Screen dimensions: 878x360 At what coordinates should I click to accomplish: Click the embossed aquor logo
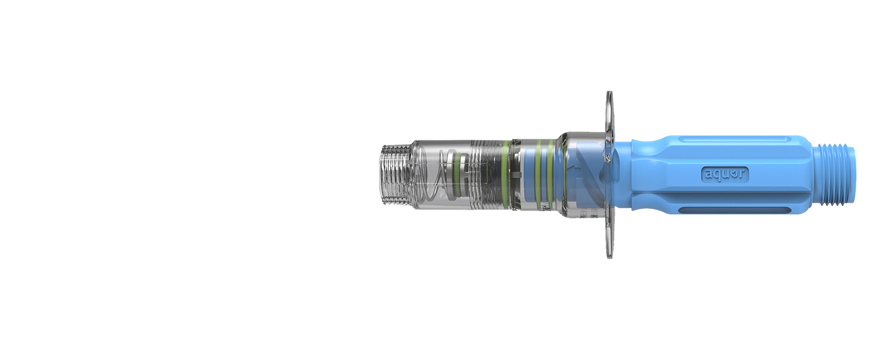click(x=724, y=174)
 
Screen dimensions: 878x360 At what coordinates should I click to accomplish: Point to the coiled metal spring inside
click(x=431, y=174)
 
